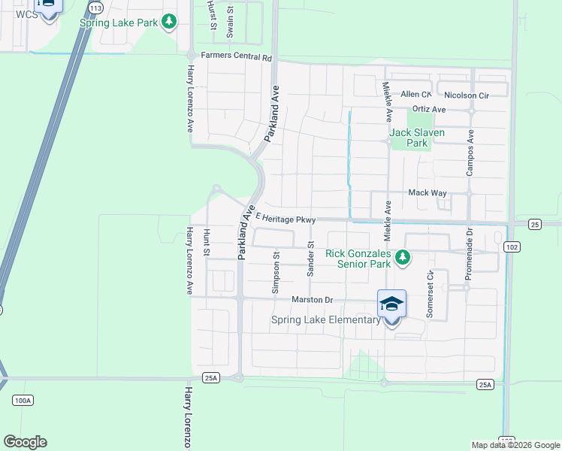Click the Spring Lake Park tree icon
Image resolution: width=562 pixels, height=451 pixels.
click(171, 22)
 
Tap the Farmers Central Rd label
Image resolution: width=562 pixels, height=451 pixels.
click(236, 56)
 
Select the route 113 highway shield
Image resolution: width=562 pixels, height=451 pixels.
click(95, 7)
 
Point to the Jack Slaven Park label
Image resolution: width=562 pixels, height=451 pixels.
click(417, 138)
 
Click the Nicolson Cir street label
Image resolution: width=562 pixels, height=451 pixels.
click(467, 95)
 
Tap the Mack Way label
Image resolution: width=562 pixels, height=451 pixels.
click(428, 193)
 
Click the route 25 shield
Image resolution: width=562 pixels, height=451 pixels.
click(534, 224)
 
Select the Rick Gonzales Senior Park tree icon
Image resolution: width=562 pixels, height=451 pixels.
click(403, 258)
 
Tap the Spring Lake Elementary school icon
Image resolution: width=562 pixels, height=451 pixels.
click(391, 304)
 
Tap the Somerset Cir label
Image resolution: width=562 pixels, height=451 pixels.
click(430, 295)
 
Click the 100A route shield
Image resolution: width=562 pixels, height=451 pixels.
click(23, 400)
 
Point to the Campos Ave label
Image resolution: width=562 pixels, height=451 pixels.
click(470, 154)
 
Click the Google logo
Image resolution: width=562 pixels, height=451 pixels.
click(25, 441)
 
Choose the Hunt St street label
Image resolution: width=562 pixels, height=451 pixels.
click(207, 242)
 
